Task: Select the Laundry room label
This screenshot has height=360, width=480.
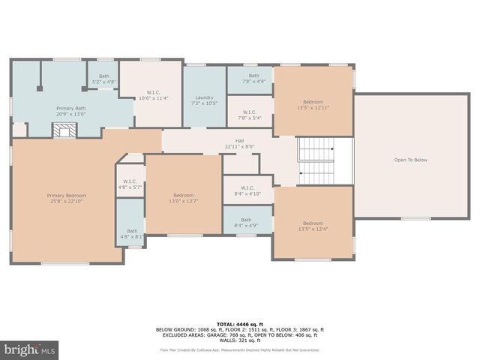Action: coord(205,100)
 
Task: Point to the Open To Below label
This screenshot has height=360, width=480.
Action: coord(410,160)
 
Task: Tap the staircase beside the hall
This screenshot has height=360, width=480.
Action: coord(315,161)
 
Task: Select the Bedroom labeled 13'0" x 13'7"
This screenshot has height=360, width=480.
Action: coord(184,197)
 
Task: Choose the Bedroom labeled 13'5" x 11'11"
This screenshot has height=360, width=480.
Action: coord(313,104)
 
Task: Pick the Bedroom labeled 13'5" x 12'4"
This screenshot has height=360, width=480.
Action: coord(313,225)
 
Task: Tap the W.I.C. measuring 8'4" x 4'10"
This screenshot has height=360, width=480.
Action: coord(248,190)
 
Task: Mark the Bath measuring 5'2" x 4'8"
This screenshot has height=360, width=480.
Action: coord(103,78)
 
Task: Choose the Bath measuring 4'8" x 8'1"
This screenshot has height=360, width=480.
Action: coord(131,234)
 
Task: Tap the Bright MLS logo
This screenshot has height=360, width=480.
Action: coord(30,349)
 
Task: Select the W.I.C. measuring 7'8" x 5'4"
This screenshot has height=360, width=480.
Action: coord(249,115)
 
